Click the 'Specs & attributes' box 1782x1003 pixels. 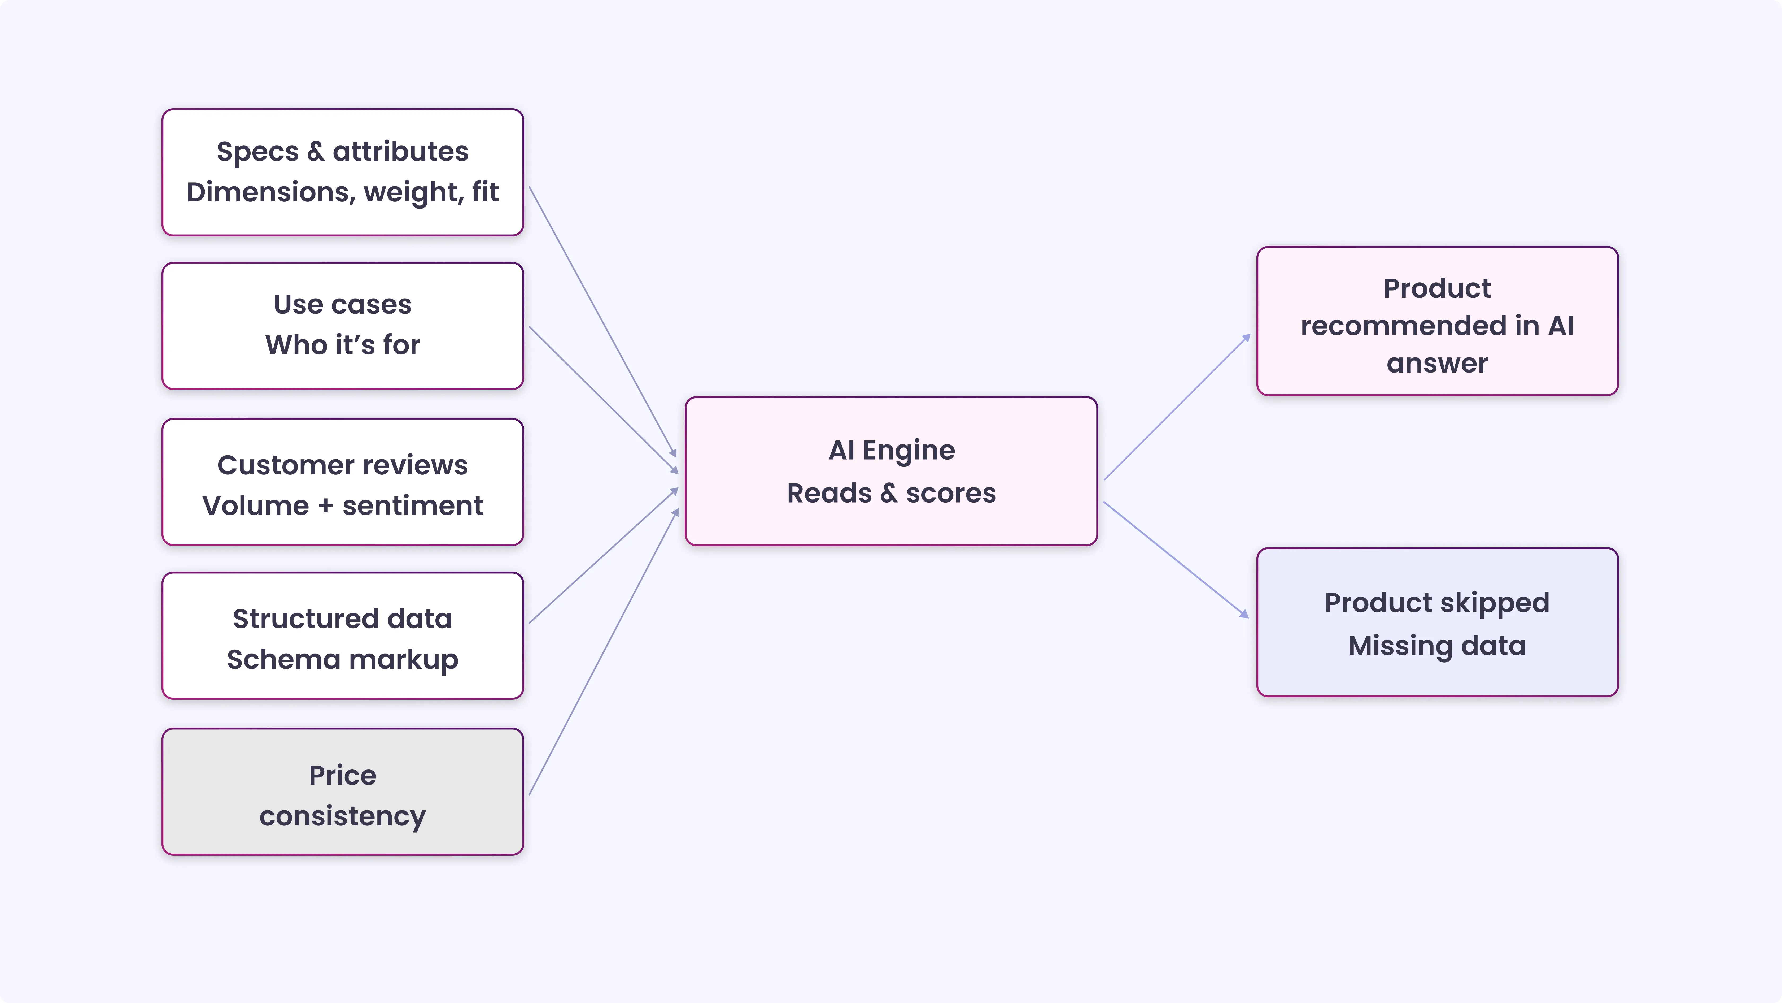[342, 172]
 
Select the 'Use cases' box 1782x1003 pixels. [342, 325]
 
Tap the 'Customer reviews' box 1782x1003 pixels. [342, 482]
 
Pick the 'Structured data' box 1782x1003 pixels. [342, 635]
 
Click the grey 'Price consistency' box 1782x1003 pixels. [342, 791]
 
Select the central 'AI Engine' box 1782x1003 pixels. [891, 471]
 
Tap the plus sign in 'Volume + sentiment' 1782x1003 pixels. [325, 506]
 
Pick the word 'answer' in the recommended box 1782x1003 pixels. [1437, 364]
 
